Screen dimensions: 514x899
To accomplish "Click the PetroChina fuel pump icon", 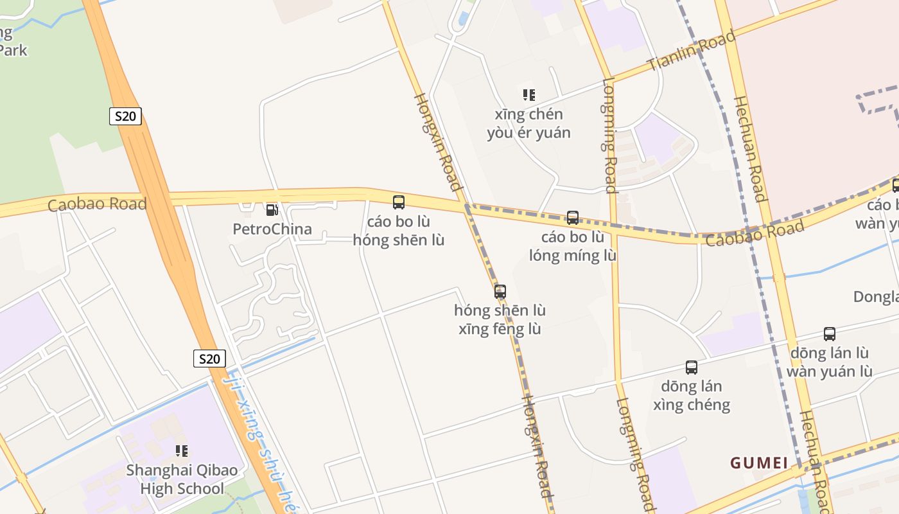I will pyautogui.click(x=272, y=209).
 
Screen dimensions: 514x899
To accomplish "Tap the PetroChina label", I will pyautogui.click(x=272, y=229).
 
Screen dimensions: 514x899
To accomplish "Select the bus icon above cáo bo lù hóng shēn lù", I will pyautogui.click(x=399, y=202).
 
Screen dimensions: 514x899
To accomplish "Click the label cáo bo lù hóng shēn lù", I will pyautogui.click(x=399, y=231).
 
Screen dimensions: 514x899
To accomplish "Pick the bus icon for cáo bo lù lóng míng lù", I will pyautogui.click(x=573, y=218).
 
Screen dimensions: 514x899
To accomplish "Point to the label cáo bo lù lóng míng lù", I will pyautogui.click(x=573, y=246).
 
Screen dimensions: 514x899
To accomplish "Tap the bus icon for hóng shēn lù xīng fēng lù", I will pyautogui.click(x=500, y=291).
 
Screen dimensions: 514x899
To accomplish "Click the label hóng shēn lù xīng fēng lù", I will pyautogui.click(x=500, y=319).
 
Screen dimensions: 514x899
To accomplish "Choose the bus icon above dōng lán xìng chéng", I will pyautogui.click(x=692, y=368).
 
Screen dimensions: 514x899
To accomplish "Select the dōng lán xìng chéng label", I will pyautogui.click(x=692, y=395).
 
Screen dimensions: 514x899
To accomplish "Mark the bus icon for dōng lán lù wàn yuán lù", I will pyautogui.click(x=830, y=334).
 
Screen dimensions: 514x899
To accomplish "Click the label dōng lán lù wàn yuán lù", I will pyautogui.click(x=830, y=362).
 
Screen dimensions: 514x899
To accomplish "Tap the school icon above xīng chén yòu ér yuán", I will pyautogui.click(x=529, y=95).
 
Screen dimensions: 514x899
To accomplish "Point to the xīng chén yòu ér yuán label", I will pyautogui.click(x=529, y=123).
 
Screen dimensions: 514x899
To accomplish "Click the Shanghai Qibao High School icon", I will pyautogui.click(x=182, y=451).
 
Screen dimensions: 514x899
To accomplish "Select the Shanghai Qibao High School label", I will pyautogui.click(x=182, y=479).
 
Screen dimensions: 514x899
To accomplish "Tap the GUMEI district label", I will pyautogui.click(x=759, y=463).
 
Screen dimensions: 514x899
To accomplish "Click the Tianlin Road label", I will pyautogui.click(x=691, y=51).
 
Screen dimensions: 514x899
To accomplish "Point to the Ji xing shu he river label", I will pyautogui.click(x=259, y=436).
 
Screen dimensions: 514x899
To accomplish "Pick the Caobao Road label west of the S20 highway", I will pyautogui.click(x=97, y=205).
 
